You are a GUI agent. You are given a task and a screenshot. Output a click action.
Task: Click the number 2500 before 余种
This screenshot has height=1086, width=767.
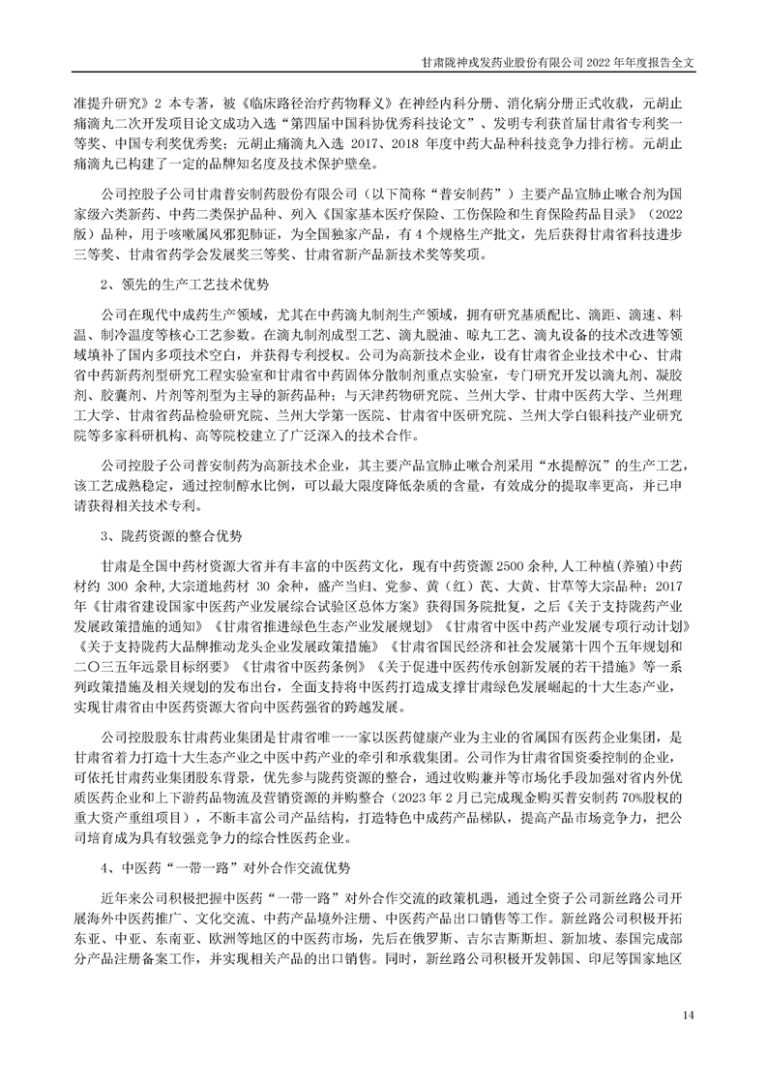pos(513,563)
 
